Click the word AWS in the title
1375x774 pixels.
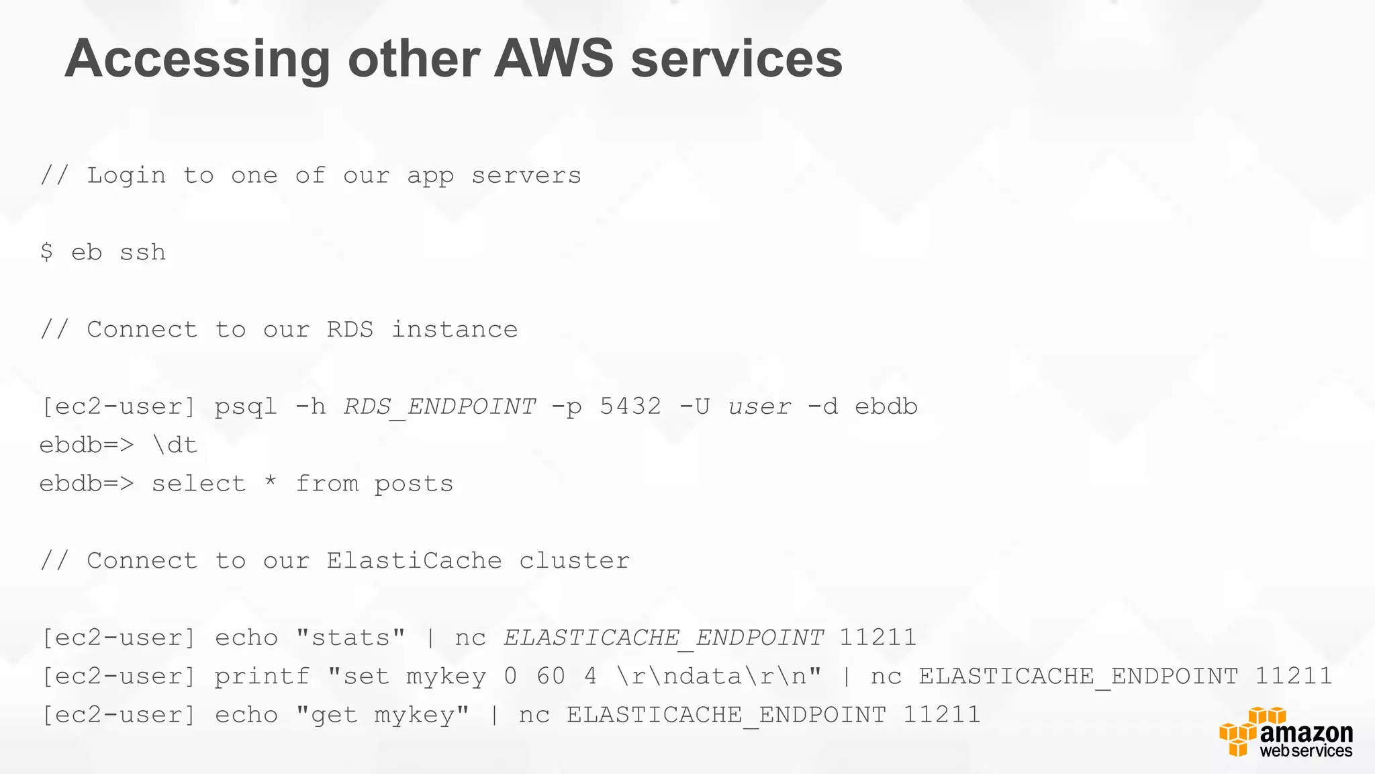pos(554,59)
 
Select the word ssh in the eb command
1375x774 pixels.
pos(142,253)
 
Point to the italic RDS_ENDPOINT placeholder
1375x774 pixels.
pos(440,406)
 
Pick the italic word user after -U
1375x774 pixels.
pos(759,406)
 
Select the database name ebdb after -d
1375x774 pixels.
pos(886,406)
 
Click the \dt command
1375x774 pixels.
pos(175,445)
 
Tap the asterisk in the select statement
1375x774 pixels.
pos(271,482)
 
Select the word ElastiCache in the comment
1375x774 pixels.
pos(414,560)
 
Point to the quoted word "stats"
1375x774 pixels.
pos(350,637)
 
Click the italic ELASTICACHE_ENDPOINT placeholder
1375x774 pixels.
pos(663,638)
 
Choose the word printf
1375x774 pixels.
pos(263,676)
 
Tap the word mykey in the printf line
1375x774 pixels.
pos(446,677)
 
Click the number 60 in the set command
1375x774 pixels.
pos(551,676)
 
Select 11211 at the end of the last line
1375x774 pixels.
pos(942,714)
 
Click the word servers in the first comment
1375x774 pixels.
pos(526,175)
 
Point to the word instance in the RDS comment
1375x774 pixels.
pos(455,329)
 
